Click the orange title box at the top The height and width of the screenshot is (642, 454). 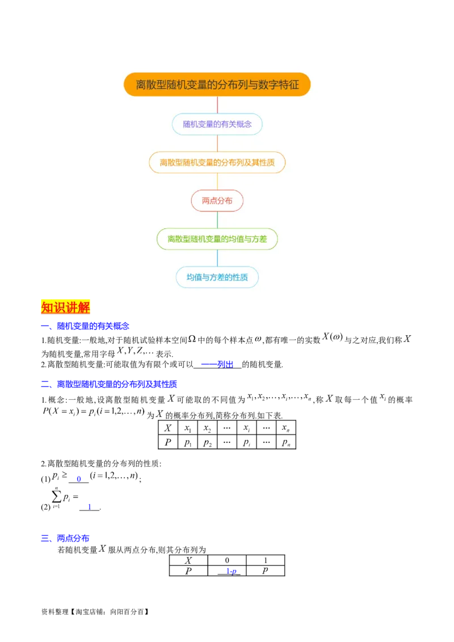pyautogui.click(x=217, y=85)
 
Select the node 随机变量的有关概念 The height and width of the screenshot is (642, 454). pyautogui.click(x=217, y=124)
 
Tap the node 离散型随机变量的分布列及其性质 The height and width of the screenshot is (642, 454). pyautogui.click(x=217, y=162)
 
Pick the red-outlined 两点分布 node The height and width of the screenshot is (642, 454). pyautogui.click(x=217, y=201)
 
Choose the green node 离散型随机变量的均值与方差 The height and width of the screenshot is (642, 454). pyautogui.click(x=217, y=239)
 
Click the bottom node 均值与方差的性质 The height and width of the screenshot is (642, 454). pyautogui.click(x=217, y=277)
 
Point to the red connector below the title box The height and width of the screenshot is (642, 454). pyautogui.click(x=217, y=104)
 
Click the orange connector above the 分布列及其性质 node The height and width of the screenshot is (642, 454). pyautogui.click(x=217, y=143)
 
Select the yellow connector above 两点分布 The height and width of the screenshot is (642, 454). pyautogui.click(x=217, y=181)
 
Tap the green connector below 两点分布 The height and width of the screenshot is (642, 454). pyautogui.click(x=217, y=220)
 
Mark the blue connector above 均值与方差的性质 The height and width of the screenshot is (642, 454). pyautogui.click(x=217, y=258)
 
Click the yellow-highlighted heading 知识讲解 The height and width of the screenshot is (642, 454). pyautogui.click(x=66, y=307)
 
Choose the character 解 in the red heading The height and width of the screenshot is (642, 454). pyautogui.click(x=84, y=307)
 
